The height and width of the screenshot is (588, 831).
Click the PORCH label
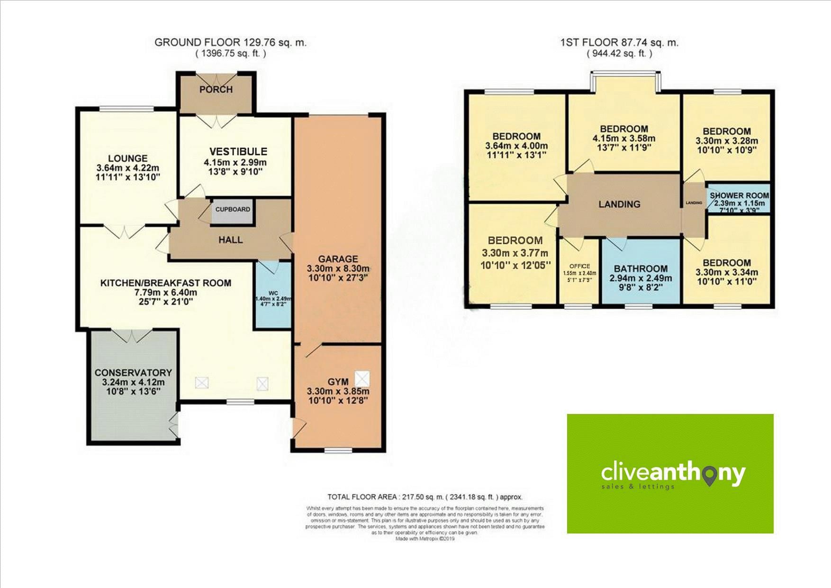(x=216, y=90)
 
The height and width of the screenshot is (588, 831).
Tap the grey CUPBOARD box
(x=233, y=210)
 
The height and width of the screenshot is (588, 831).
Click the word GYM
(x=338, y=382)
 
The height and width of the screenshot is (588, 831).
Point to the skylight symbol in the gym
(x=362, y=378)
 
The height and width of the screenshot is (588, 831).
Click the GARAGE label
(x=338, y=259)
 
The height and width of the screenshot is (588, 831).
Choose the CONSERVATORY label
(x=133, y=373)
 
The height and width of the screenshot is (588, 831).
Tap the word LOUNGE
(x=127, y=158)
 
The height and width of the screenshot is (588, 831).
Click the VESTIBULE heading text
(x=238, y=152)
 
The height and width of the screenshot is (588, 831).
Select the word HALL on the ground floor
(x=231, y=240)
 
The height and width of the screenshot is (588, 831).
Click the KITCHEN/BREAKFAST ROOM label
(x=166, y=283)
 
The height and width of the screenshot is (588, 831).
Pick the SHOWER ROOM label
(x=739, y=195)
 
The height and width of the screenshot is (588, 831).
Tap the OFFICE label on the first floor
(x=579, y=266)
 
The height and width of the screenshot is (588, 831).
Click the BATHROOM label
(x=641, y=268)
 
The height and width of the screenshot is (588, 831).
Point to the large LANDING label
(x=619, y=204)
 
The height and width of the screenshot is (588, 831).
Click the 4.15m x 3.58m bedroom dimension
(x=624, y=138)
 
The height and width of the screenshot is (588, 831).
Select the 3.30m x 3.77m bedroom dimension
(x=515, y=253)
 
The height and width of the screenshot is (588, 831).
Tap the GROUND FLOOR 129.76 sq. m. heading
(x=230, y=42)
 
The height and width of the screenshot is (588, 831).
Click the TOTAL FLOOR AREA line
(x=425, y=497)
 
